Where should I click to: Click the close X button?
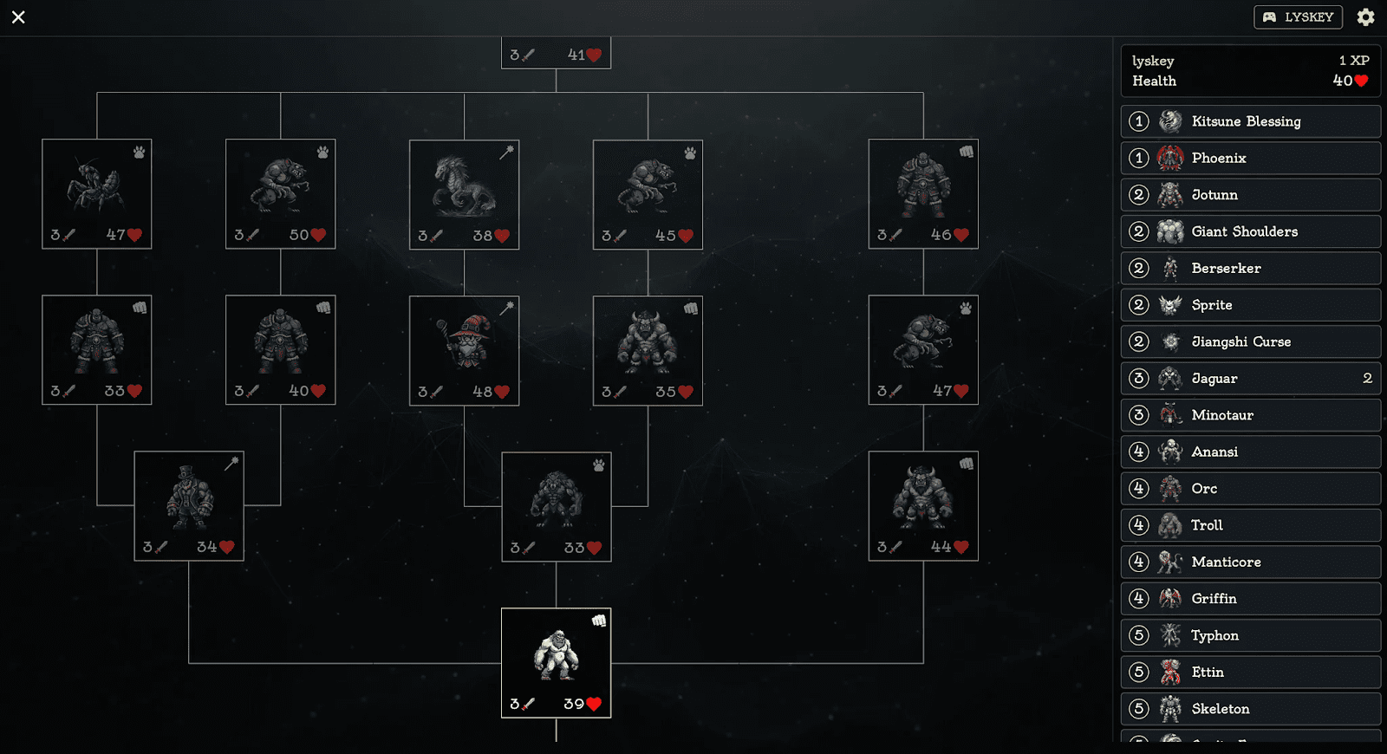tap(18, 17)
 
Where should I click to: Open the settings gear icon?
tap(1365, 17)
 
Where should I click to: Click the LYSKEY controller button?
tap(1298, 17)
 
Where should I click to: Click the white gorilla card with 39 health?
tap(556, 662)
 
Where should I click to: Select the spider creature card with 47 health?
tap(97, 193)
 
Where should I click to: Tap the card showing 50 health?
tap(280, 193)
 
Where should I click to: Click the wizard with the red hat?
tap(464, 349)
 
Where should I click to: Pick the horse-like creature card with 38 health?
tap(464, 194)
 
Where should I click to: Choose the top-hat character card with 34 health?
tap(189, 505)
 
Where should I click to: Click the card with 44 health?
tap(923, 505)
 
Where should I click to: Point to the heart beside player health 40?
tap(1361, 81)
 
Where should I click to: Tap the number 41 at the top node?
tap(576, 55)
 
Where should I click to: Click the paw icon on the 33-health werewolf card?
tap(599, 465)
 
